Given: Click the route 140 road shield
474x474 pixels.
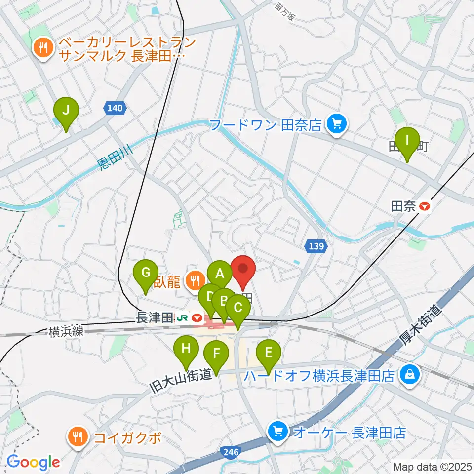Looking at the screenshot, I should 115,107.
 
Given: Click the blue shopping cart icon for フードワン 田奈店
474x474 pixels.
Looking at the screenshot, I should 337,123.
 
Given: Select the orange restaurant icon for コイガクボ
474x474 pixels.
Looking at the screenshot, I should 78,436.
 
